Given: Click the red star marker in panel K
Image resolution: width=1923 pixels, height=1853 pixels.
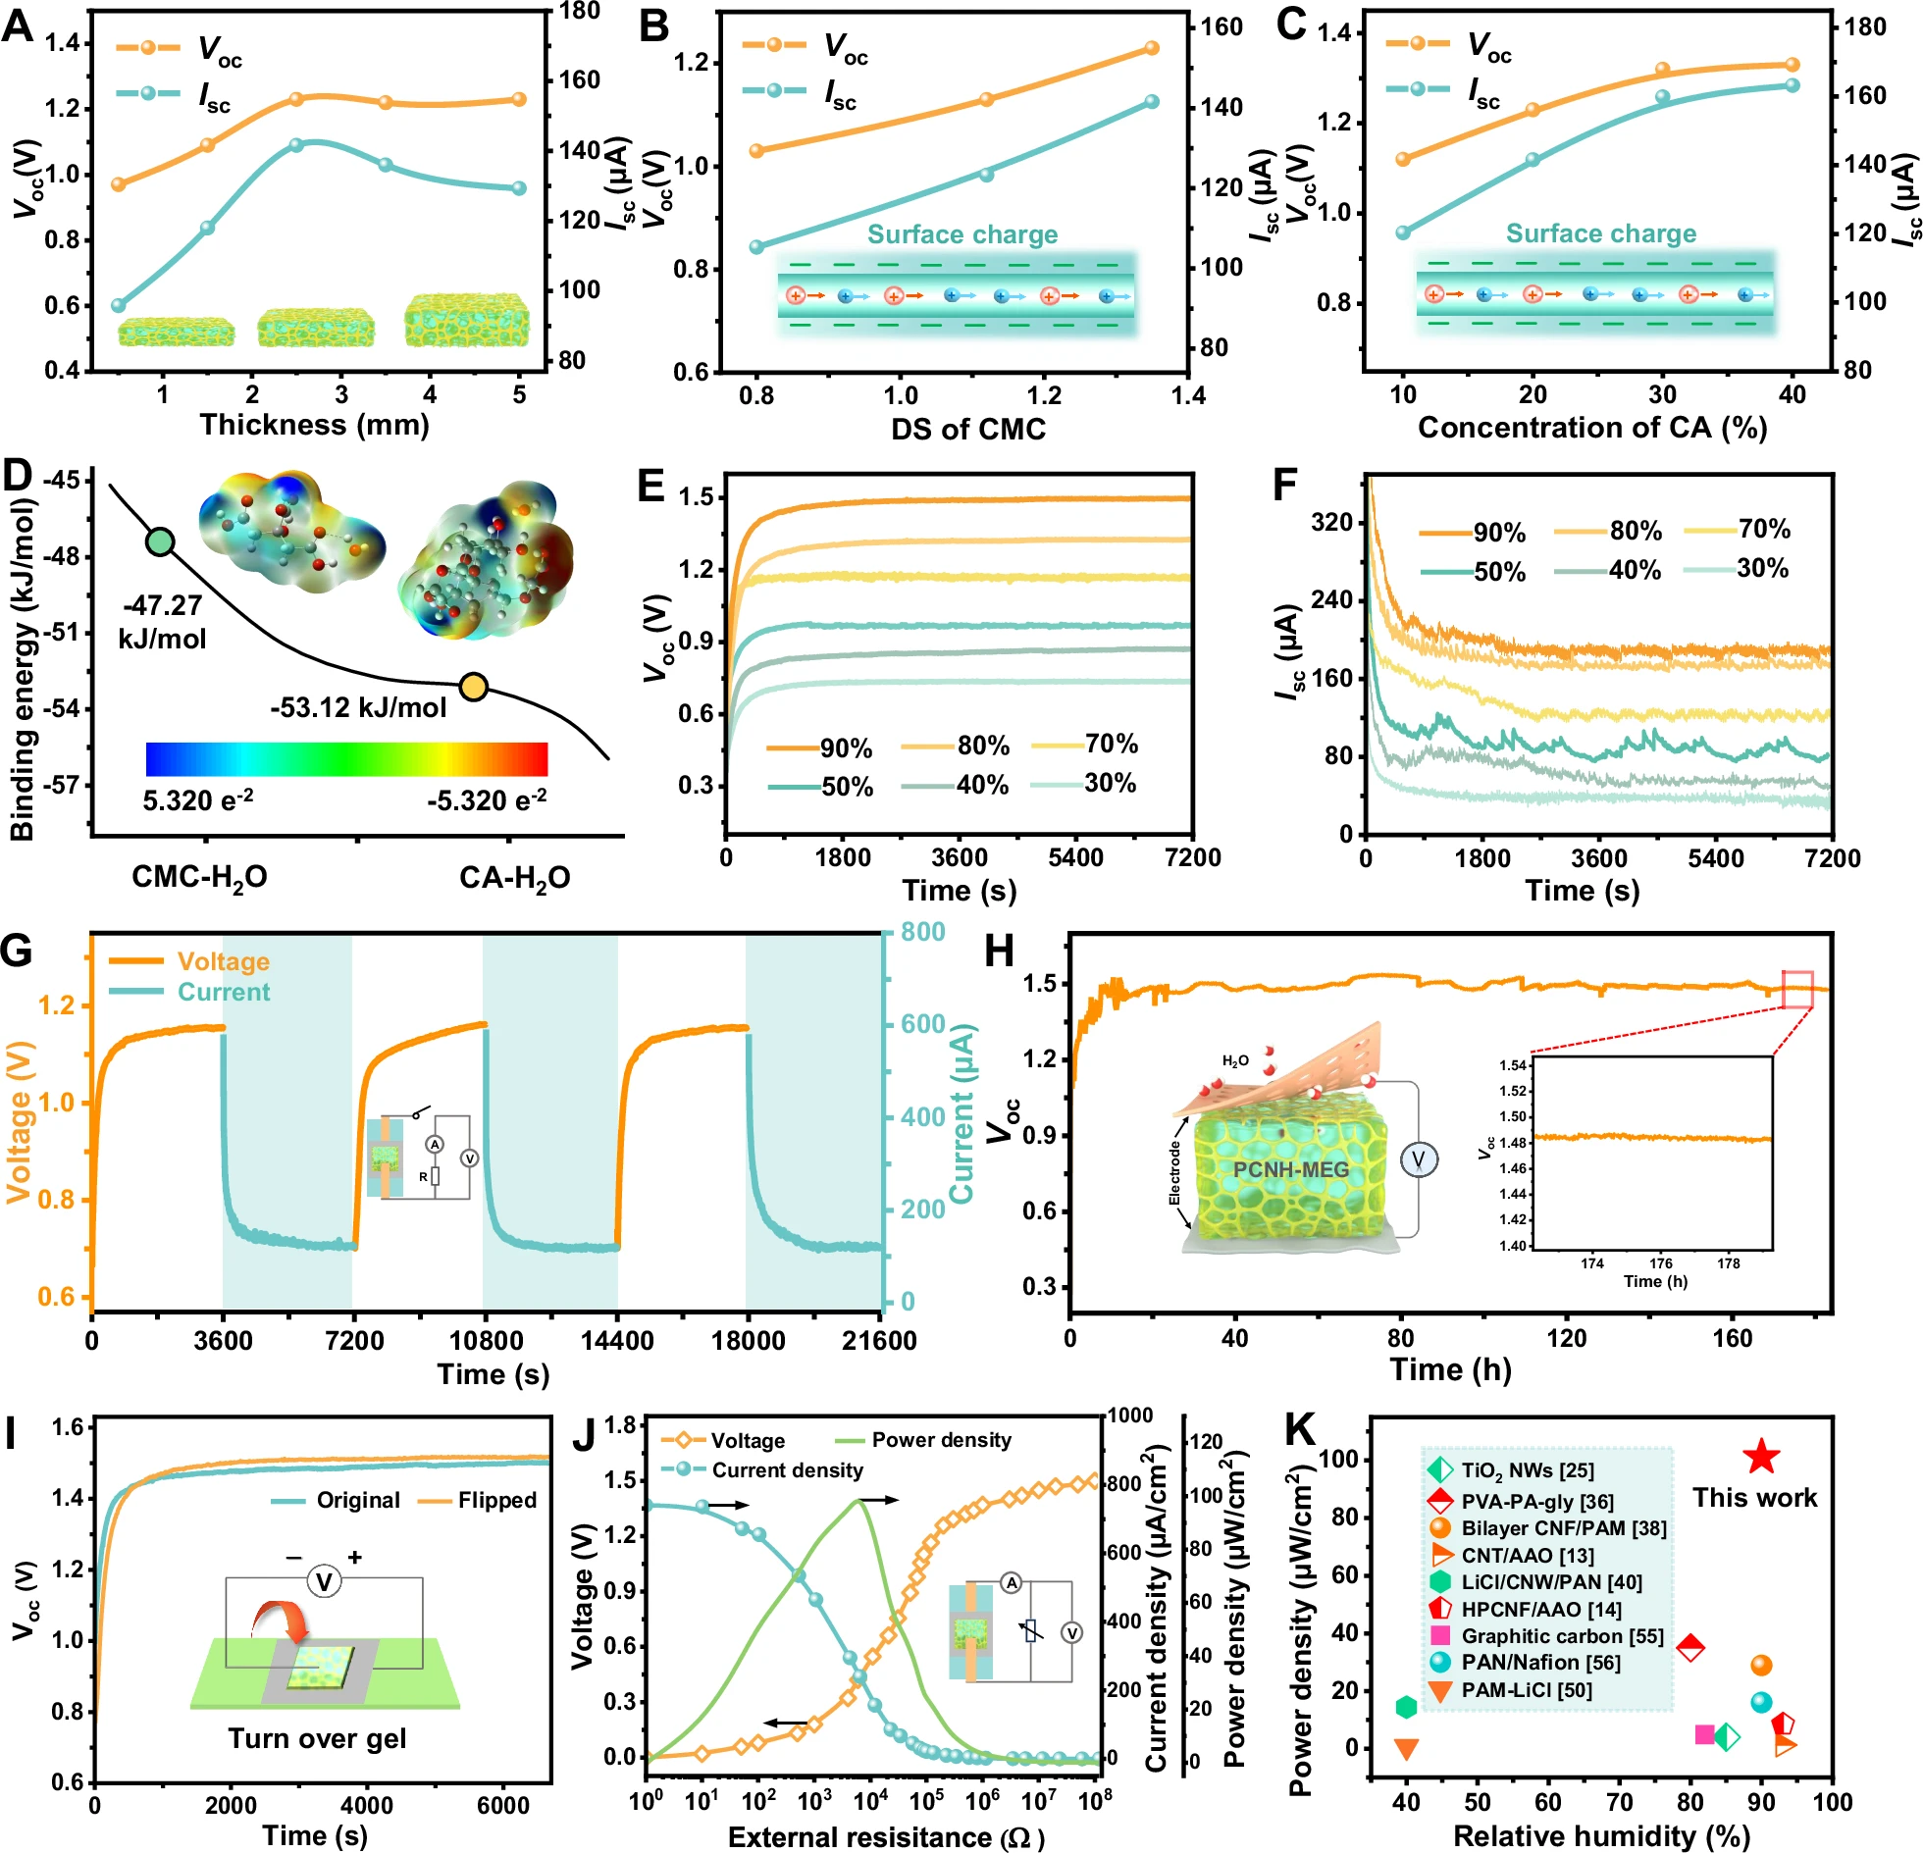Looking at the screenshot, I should coord(1761,1457).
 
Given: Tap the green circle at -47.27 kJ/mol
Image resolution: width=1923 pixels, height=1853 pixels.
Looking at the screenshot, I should coord(160,541).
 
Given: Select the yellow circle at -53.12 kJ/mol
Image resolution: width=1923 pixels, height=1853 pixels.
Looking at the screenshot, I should coord(474,688).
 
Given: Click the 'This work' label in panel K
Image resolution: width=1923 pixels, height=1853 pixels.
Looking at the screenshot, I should coord(1754,1498).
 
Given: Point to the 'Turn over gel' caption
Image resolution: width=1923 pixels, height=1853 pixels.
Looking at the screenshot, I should coord(317,1738).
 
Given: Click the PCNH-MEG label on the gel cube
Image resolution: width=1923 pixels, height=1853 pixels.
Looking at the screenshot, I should coord(1290,1169).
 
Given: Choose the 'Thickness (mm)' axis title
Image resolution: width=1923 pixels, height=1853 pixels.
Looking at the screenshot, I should coord(314,425).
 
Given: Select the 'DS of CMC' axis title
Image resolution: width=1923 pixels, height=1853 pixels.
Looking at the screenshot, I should coord(967,429).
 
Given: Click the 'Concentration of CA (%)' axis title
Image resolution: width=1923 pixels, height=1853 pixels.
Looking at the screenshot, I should coord(1591,428).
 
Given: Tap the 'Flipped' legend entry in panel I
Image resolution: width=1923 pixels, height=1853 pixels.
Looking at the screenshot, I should coord(496,1500).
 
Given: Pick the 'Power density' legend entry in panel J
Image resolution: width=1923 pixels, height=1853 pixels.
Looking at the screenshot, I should coord(940,1440).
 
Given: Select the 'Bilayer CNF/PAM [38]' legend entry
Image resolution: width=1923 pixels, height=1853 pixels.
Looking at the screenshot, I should coord(1563,1528).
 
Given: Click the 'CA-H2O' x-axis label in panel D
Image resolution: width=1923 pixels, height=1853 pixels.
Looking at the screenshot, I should coord(514,877).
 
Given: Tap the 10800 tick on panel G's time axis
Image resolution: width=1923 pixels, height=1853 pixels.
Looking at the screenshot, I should coord(486,1341).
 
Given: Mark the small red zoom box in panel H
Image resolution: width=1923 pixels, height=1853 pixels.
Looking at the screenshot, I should coord(1796,989).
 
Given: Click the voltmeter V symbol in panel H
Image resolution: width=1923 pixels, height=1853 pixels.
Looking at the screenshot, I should coord(1418,1160).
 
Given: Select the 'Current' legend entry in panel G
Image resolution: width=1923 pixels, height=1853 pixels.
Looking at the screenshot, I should coord(223,992).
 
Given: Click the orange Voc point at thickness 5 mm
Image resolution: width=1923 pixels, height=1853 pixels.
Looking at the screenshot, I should coord(519,99).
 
